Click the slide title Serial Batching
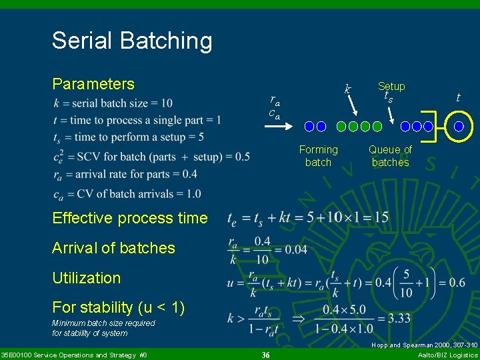point(132,41)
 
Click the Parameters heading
point(93,84)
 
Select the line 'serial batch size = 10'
point(113,103)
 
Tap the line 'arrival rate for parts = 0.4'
point(116,175)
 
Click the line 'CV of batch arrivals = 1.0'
point(119,194)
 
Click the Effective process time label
point(130,218)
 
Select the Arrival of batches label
point(113,248)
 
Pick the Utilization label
point(86,278)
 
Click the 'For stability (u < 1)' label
point(118,308)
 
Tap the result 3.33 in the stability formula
point(399,319)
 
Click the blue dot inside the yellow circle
point(459,126)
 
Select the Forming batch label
point(318,156)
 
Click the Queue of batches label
point(390,156)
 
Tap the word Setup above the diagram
point(391,87)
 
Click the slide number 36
point(265,355)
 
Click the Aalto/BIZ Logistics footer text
point(447,355)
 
